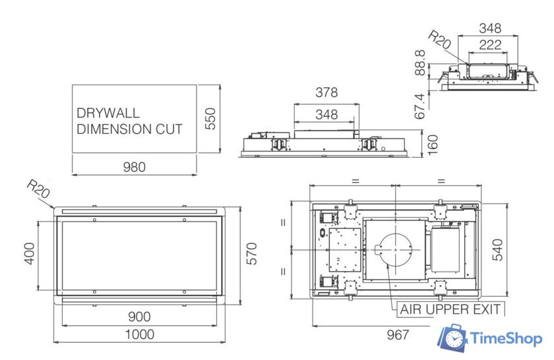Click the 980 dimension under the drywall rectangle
[x=135, y=167]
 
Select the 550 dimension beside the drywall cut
[x=210, y=119]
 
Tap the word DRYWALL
[x=108, y=113]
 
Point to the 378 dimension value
[x=326, y=93]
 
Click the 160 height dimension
[x=433, y=142]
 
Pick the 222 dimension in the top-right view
[x=489, y=44]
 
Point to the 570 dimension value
[x=251, y=254]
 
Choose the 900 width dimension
[x=138, y=317]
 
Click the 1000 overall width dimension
[x=140, y=334]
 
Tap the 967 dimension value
[x=398, y=335]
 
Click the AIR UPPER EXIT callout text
[x=451, y=309]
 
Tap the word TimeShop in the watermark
[x=507, y=339]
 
